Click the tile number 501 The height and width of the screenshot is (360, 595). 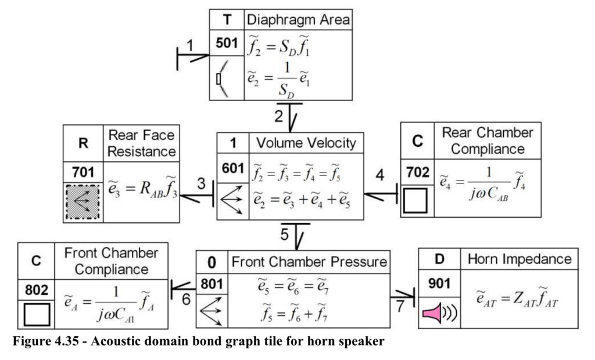(x=227, y=43)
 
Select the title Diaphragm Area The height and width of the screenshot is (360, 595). (x=298, y=20)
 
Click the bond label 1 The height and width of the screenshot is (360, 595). (x=190, y=46)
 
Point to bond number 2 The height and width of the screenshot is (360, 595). (x=279, y=116)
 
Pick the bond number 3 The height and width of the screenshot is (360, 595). (x=202, y=183)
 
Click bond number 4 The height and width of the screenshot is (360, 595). (x=380, y=175)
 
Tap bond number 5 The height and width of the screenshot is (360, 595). (x=285, y=235)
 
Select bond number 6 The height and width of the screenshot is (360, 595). (x=186, y=299)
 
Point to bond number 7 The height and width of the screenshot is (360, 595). (x=400, y=306)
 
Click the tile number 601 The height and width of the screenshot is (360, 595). (x=233, y=167)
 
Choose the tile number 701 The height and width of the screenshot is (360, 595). (x=83, y=172)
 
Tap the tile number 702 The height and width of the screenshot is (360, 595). (x=417, y=172)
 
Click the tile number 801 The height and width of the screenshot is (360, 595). (x=212, y=284)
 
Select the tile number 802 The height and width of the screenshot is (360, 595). (x=37, y=290)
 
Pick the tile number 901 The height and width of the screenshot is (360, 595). (x=439, y=283)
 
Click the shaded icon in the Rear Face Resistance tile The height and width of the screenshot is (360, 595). (x=83, y=202)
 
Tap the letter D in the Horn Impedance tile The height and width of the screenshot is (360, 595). (x=439, y=259)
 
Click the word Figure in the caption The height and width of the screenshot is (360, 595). (x=30, y=341)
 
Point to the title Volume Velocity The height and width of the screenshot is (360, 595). (x=306, y=143)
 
